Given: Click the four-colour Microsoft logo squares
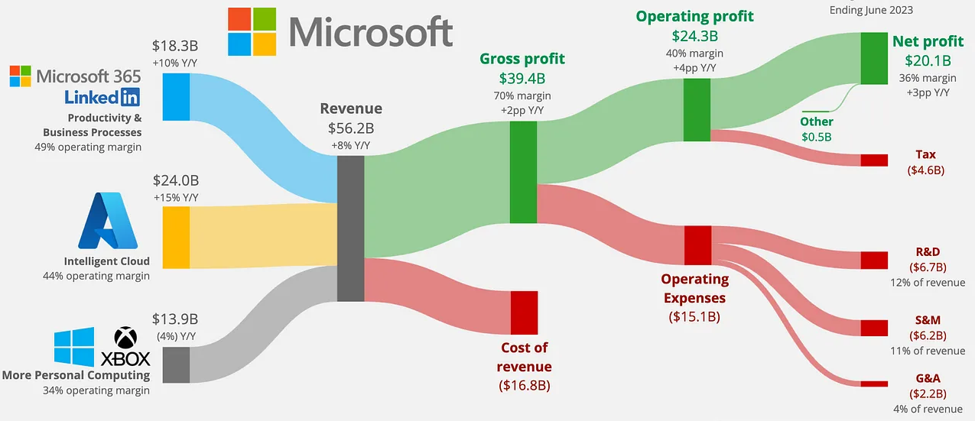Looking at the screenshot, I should [252, 31].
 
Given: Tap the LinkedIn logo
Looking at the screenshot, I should [102, 97].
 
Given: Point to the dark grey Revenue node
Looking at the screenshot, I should [350, 228].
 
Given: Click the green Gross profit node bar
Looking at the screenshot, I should [524, 173].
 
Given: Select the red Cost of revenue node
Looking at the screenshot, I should [524, 313].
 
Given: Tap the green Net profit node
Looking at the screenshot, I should [873, 58].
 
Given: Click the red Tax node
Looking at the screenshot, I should [873, 160].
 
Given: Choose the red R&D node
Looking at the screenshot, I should [873, 260].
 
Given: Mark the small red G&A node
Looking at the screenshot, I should [873, 383].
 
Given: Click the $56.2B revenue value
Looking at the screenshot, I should [351, 128].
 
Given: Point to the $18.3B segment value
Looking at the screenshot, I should [176, 45].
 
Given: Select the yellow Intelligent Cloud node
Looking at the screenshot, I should [176, 237].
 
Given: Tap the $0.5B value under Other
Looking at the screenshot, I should [817, 137].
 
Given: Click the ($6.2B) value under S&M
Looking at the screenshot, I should [928, 335].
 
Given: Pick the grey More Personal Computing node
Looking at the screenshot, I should [176, 364].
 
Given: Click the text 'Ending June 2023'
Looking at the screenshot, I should [871, 10].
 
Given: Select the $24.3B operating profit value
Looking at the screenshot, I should [694, 36].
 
